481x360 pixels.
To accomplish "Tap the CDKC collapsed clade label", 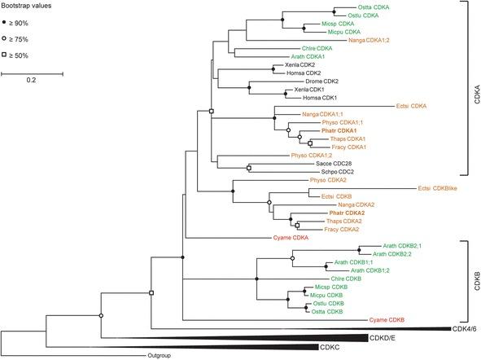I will [335, 347].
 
